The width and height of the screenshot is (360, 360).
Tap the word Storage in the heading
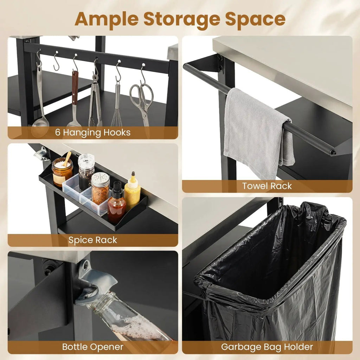pos(182,20)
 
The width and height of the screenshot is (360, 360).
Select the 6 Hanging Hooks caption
pos(93,133)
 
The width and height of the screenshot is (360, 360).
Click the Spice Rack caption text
pos(93,240)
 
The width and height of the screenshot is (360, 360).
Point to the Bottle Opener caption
pos(93,347)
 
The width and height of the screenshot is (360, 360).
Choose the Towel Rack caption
pos(267,186)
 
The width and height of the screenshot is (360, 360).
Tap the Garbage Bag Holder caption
pos(267,347)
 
